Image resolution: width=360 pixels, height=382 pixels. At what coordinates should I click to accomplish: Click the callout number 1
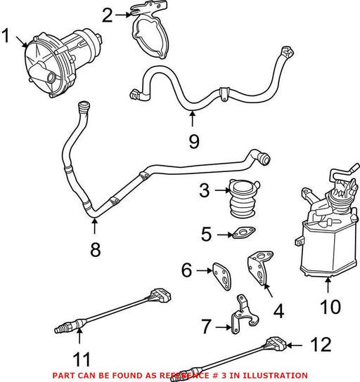pos(6,36)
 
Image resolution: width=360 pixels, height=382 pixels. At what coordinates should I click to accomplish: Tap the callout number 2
pos(108,15)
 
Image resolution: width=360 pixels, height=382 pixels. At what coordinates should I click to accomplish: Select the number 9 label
pos(194,141)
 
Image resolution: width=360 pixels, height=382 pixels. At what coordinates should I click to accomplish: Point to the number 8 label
pos(95,249)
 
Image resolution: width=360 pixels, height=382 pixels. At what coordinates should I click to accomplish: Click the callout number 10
pos(330,306)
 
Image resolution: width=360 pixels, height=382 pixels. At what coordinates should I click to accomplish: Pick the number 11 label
pos(82,359)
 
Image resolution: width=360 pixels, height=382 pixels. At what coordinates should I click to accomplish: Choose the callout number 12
pos(321,345)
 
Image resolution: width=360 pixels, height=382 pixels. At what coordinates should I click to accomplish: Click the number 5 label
pos(206,234)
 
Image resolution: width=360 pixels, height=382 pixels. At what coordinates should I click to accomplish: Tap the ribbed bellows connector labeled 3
pos(244,199)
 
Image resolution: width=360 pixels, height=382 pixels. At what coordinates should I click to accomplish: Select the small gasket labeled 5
pos(244,232)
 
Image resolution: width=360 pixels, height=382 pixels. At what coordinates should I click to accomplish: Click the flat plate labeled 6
pos(221,277)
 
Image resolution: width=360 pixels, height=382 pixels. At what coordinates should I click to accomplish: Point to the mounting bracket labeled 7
pos(244,315)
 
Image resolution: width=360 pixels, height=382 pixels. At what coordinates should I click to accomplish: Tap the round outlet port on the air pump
pos(51,78)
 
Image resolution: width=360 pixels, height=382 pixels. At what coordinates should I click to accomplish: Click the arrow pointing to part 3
pos(222,190)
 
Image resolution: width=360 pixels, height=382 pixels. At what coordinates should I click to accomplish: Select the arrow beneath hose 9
pos(193,119)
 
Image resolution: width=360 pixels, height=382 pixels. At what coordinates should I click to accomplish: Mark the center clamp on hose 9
pos(224,93)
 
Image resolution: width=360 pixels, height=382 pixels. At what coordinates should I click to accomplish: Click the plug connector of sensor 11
pos(160,295)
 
